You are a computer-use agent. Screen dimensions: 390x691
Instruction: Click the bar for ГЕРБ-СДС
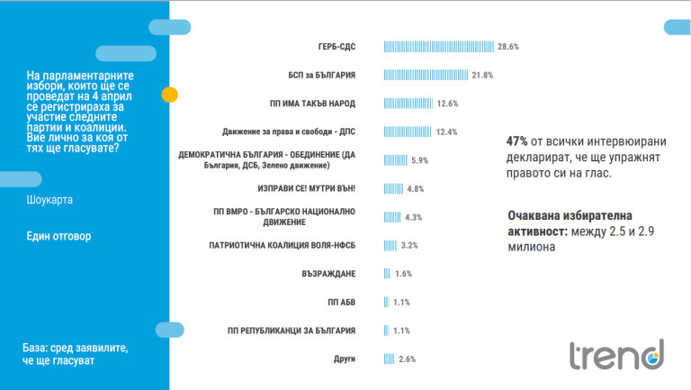(x=439, y=46)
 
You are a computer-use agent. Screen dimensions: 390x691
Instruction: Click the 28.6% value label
(x=508, y=46)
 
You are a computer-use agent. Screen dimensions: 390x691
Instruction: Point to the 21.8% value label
(x=483, y=75)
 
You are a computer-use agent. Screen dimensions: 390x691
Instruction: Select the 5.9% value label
(x=419, y=160)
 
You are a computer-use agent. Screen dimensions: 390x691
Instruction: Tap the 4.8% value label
(x=415, y=189)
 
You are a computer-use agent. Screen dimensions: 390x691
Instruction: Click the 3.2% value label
(x=409, y=245)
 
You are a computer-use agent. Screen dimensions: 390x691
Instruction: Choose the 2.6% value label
(x=407, y=358)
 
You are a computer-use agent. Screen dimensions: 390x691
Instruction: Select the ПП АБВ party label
(x=342, y=302)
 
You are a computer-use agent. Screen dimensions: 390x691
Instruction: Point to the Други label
(x=345, y=358)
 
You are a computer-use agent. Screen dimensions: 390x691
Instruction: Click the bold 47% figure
(x=517, y=141)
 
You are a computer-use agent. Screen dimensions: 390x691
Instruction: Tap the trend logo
(x=615, y=354)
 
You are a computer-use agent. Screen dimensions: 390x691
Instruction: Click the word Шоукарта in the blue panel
(x=50, y=199)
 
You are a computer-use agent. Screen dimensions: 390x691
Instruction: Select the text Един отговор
(x=59, y=236)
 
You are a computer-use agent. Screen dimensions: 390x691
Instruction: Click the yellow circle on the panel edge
(x=168, y=95)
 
